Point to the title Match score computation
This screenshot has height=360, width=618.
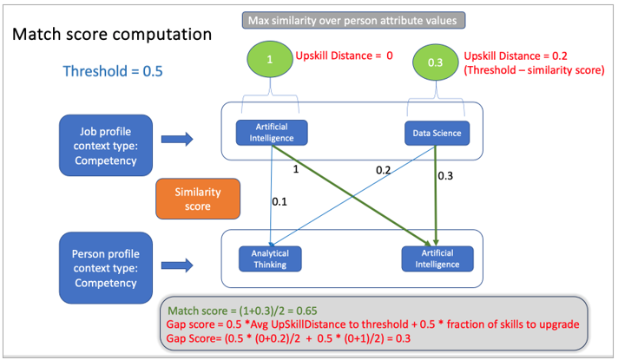(x=111, y=36)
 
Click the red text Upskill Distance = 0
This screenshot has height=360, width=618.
(x=345, y=56)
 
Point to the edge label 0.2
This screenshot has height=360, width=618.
(x=384, y=170)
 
